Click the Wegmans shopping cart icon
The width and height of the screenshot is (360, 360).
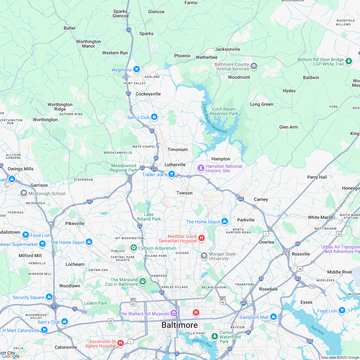(137, 69)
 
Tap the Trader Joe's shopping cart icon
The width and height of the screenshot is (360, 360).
(172, 174)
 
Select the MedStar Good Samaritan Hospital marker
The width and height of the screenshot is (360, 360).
(202, 238)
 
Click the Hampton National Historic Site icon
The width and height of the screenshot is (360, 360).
(201, 168)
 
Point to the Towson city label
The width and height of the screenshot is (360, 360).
(184, 193)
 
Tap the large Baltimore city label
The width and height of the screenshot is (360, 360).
(179, 325)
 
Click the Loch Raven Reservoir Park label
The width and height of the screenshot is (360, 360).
(224, 111)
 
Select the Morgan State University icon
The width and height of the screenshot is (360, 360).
(204, 256)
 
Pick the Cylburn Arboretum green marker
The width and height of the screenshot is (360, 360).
(133, 248)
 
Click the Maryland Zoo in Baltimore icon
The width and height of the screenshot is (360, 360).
(143, 282)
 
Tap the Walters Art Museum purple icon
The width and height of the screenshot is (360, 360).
(174, 313)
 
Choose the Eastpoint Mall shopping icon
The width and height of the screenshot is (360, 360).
(274, 317)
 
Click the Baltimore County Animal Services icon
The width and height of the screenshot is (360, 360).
(254, 66)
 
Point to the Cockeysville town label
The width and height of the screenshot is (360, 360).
(148, 94)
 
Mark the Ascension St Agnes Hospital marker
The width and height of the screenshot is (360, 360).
(121, 343)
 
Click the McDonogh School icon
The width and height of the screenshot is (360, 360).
(23, 193)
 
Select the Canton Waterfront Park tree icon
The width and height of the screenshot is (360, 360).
(214, 336)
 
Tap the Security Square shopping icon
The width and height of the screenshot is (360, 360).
(49, 297)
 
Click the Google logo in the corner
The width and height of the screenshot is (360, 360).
(11, 356)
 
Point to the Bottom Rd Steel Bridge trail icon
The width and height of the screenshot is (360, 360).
(349, 61)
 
